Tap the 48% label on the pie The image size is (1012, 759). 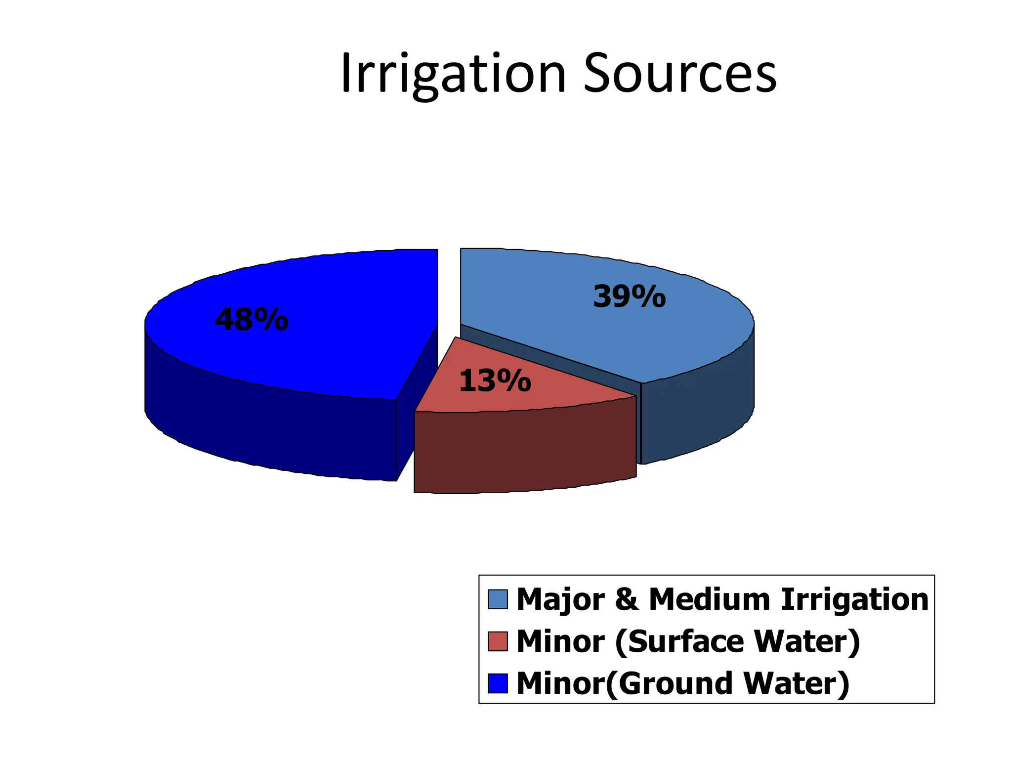[x=252, y=320]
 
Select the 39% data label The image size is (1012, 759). [x=629, y=297]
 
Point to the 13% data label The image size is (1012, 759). [x=495, y=381]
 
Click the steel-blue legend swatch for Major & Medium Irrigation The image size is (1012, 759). [x=498, y=599]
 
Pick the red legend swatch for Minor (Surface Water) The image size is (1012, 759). [x=498, y=641]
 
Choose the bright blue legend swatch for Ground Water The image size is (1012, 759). [x=498, y=683]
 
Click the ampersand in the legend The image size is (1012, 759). [x=627, y=599]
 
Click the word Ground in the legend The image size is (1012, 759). [x=675, y=683]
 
